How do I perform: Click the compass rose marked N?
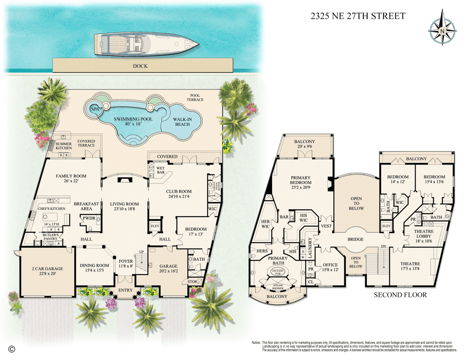442,31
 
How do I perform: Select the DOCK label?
140,66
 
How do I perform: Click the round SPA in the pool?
94,109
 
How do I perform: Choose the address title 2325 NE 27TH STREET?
358,16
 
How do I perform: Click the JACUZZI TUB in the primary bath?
277,271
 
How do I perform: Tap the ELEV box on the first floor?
154,225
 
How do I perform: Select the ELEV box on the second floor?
386,226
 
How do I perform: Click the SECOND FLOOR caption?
400,295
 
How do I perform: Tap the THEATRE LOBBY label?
424,234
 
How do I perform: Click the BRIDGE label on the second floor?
356,239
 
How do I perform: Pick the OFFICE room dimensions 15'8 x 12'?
330,270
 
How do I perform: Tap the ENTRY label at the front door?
126,290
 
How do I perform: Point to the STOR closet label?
192,282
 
